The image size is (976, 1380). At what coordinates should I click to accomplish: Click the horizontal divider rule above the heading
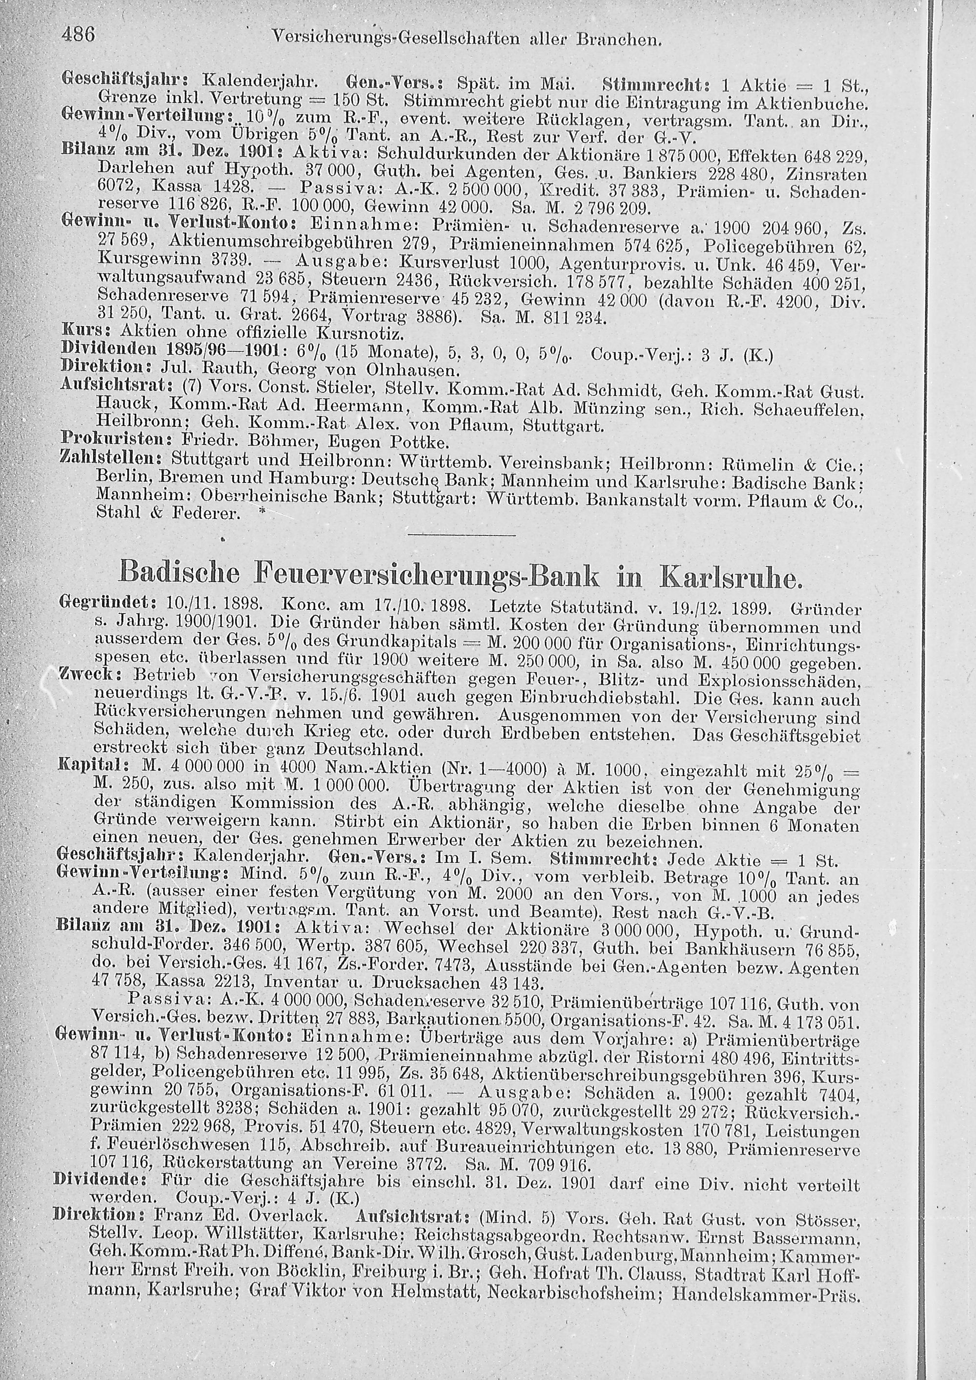(462, 534)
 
